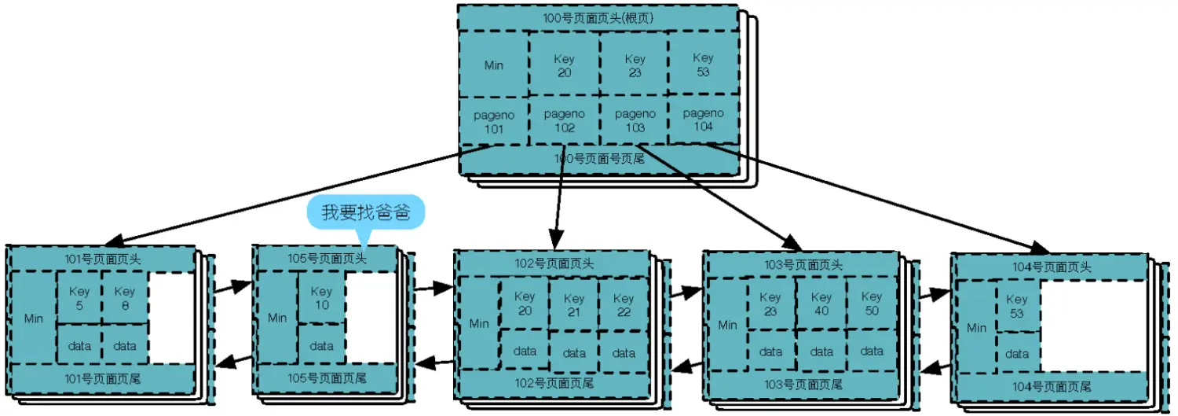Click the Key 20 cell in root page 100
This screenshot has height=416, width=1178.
pyautogui.click(x=564, y=64)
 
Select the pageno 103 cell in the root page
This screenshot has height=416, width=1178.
pyautogui.click(x=635, y=120)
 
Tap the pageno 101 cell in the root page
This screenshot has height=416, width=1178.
pyautogui.click(x=493, y=120)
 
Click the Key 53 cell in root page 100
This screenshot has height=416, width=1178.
pyautogui.click(x=703, y=64)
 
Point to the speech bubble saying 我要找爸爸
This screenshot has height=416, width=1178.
pyautogui.click(x=366, y=212)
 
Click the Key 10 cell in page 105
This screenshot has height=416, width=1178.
pyautogui.click(x=321, y=297)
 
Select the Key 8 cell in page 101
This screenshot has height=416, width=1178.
pyautogui.click(x=125, y=296)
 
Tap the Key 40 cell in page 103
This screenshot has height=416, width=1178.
pyautogui.click(x=821, y=304)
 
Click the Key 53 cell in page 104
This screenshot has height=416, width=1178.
pyautogui.click(x=1016, y=305)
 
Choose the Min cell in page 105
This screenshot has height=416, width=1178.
pyautogui.click(x=277, y=318)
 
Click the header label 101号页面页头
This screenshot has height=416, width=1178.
pyautogui.click(x=103, y=258)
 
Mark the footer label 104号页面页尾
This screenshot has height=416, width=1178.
pyautogui.click(x=1052, y=386)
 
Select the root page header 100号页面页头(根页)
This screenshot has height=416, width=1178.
pyautogui.click(x=598, y=17)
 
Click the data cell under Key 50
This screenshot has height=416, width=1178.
pyautogui.click(x=871, y=352)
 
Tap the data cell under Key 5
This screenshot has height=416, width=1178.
pyautogui.click(x=79, y=345)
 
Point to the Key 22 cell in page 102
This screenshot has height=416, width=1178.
pyautogui.click(x=623, y=304)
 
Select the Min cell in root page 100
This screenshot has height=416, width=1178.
pyautogui.click(x=493, y=65)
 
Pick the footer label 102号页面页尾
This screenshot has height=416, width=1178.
pyautogui.click(x=554, y=383)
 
